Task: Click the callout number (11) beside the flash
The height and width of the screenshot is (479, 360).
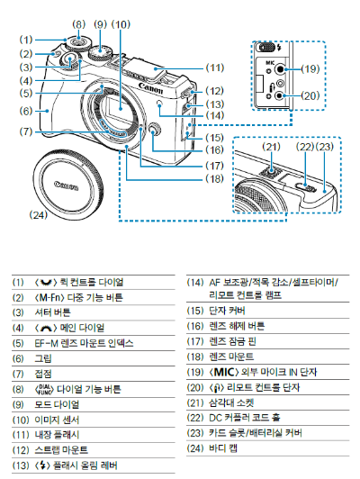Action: pos(215,68)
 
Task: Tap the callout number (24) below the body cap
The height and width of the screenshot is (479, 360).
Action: pos(38,215)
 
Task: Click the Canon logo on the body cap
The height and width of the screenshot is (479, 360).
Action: pos(67,185)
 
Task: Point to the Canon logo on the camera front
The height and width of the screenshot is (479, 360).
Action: pos(150,88)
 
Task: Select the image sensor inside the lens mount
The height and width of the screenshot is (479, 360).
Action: pos(121,107)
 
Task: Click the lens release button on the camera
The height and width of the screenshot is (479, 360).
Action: pos(155,130)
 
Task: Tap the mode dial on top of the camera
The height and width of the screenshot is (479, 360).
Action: pos(100,52)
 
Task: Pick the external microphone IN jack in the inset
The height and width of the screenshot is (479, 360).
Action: pos(280,69)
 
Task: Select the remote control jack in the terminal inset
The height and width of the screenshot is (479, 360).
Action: pos(280,95)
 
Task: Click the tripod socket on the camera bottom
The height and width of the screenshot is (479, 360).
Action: pos(272,172)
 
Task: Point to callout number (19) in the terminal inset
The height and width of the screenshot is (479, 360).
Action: pos(310,69)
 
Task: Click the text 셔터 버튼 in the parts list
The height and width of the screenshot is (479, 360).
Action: pos(52,312)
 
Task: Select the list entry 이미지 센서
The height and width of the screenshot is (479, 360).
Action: pos(57,420)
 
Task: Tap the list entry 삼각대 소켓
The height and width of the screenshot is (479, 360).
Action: pos(231,402)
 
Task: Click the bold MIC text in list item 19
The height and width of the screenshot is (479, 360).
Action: pos(224,372)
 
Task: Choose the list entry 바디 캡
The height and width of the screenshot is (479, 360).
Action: pos(223,448)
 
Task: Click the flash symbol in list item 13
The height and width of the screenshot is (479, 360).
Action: pos(43,465)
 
